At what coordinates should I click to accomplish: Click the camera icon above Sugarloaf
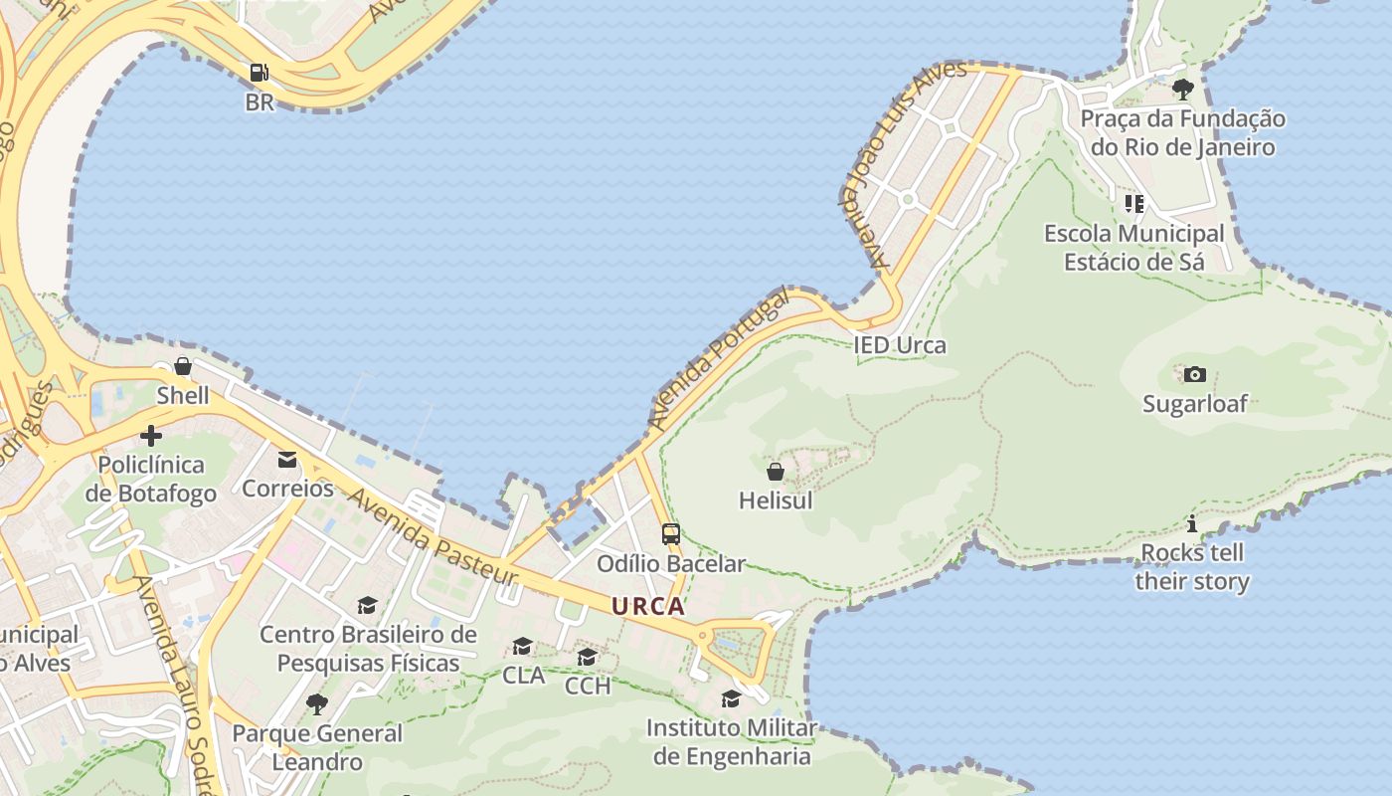pyautogui.click(x=1194, y=375)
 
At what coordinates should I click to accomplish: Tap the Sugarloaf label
pyautogui.click(x=1194, y=404)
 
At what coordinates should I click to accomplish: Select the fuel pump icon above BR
pyautogui.click(x=259, y=73)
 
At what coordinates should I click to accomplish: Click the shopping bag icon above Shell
pyautogui.click(x=183, y=366)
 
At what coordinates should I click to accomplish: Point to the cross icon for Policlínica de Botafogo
pyautogui.click(x=151, y=436)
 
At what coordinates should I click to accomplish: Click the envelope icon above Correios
pyautogui.click(x=287, y=459)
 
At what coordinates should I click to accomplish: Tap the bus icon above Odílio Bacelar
pyautogui.click(x=671, y=534)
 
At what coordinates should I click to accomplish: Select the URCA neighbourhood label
pyautogui.click(x=648, y=606)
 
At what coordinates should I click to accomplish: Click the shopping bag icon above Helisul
pyautogui.click(x=776, y=472)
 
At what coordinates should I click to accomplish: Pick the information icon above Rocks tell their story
pyautogui.click(x=1192, y=524)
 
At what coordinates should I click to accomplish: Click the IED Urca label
pyautogui.click(x=900, y=345)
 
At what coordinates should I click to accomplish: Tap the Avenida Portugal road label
pyautogui.click(x=718, y=359)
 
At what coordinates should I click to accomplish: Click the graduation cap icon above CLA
pyautogui.click(x=522, y=647)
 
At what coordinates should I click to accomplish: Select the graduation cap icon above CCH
pyautogui.click(x=588, y=657)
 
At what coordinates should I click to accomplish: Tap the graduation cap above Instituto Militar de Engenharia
pyautogui.click(x=731, y=698)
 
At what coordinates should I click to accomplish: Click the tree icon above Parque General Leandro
pyautogui.click(x=317, y=704)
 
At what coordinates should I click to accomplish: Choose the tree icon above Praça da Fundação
pyautogui.click(x=1182, y=90)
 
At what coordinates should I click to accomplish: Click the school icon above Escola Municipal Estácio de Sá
pyautogui.click(x=1133, y=204)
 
